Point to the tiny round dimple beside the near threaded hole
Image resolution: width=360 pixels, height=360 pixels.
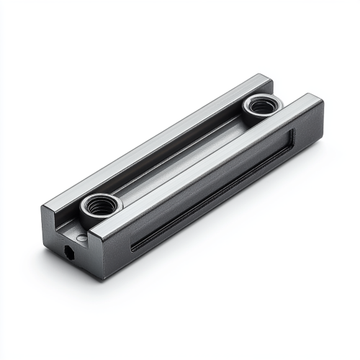click(x=83, y=237)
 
